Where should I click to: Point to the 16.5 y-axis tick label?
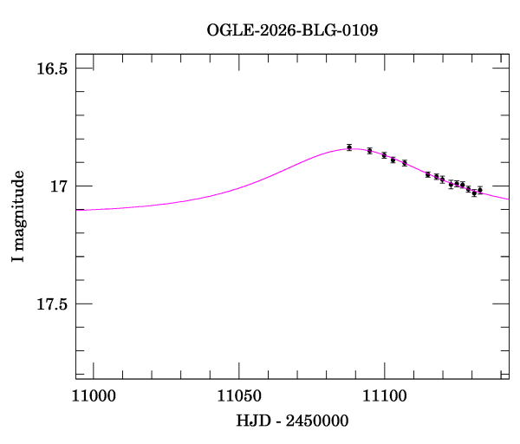[51, 69]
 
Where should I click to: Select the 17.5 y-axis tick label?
[51, 304]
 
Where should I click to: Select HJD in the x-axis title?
[254, 421]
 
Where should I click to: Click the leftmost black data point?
[349, 147]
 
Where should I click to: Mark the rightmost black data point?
[480, 189]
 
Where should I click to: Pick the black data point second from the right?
[474, 193]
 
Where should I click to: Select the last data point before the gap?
[405, 162]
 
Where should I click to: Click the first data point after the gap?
[428, 174]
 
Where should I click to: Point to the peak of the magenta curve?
[347, 149]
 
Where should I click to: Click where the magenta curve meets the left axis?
[75, 210]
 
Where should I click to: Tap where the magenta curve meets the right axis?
[509, 199]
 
